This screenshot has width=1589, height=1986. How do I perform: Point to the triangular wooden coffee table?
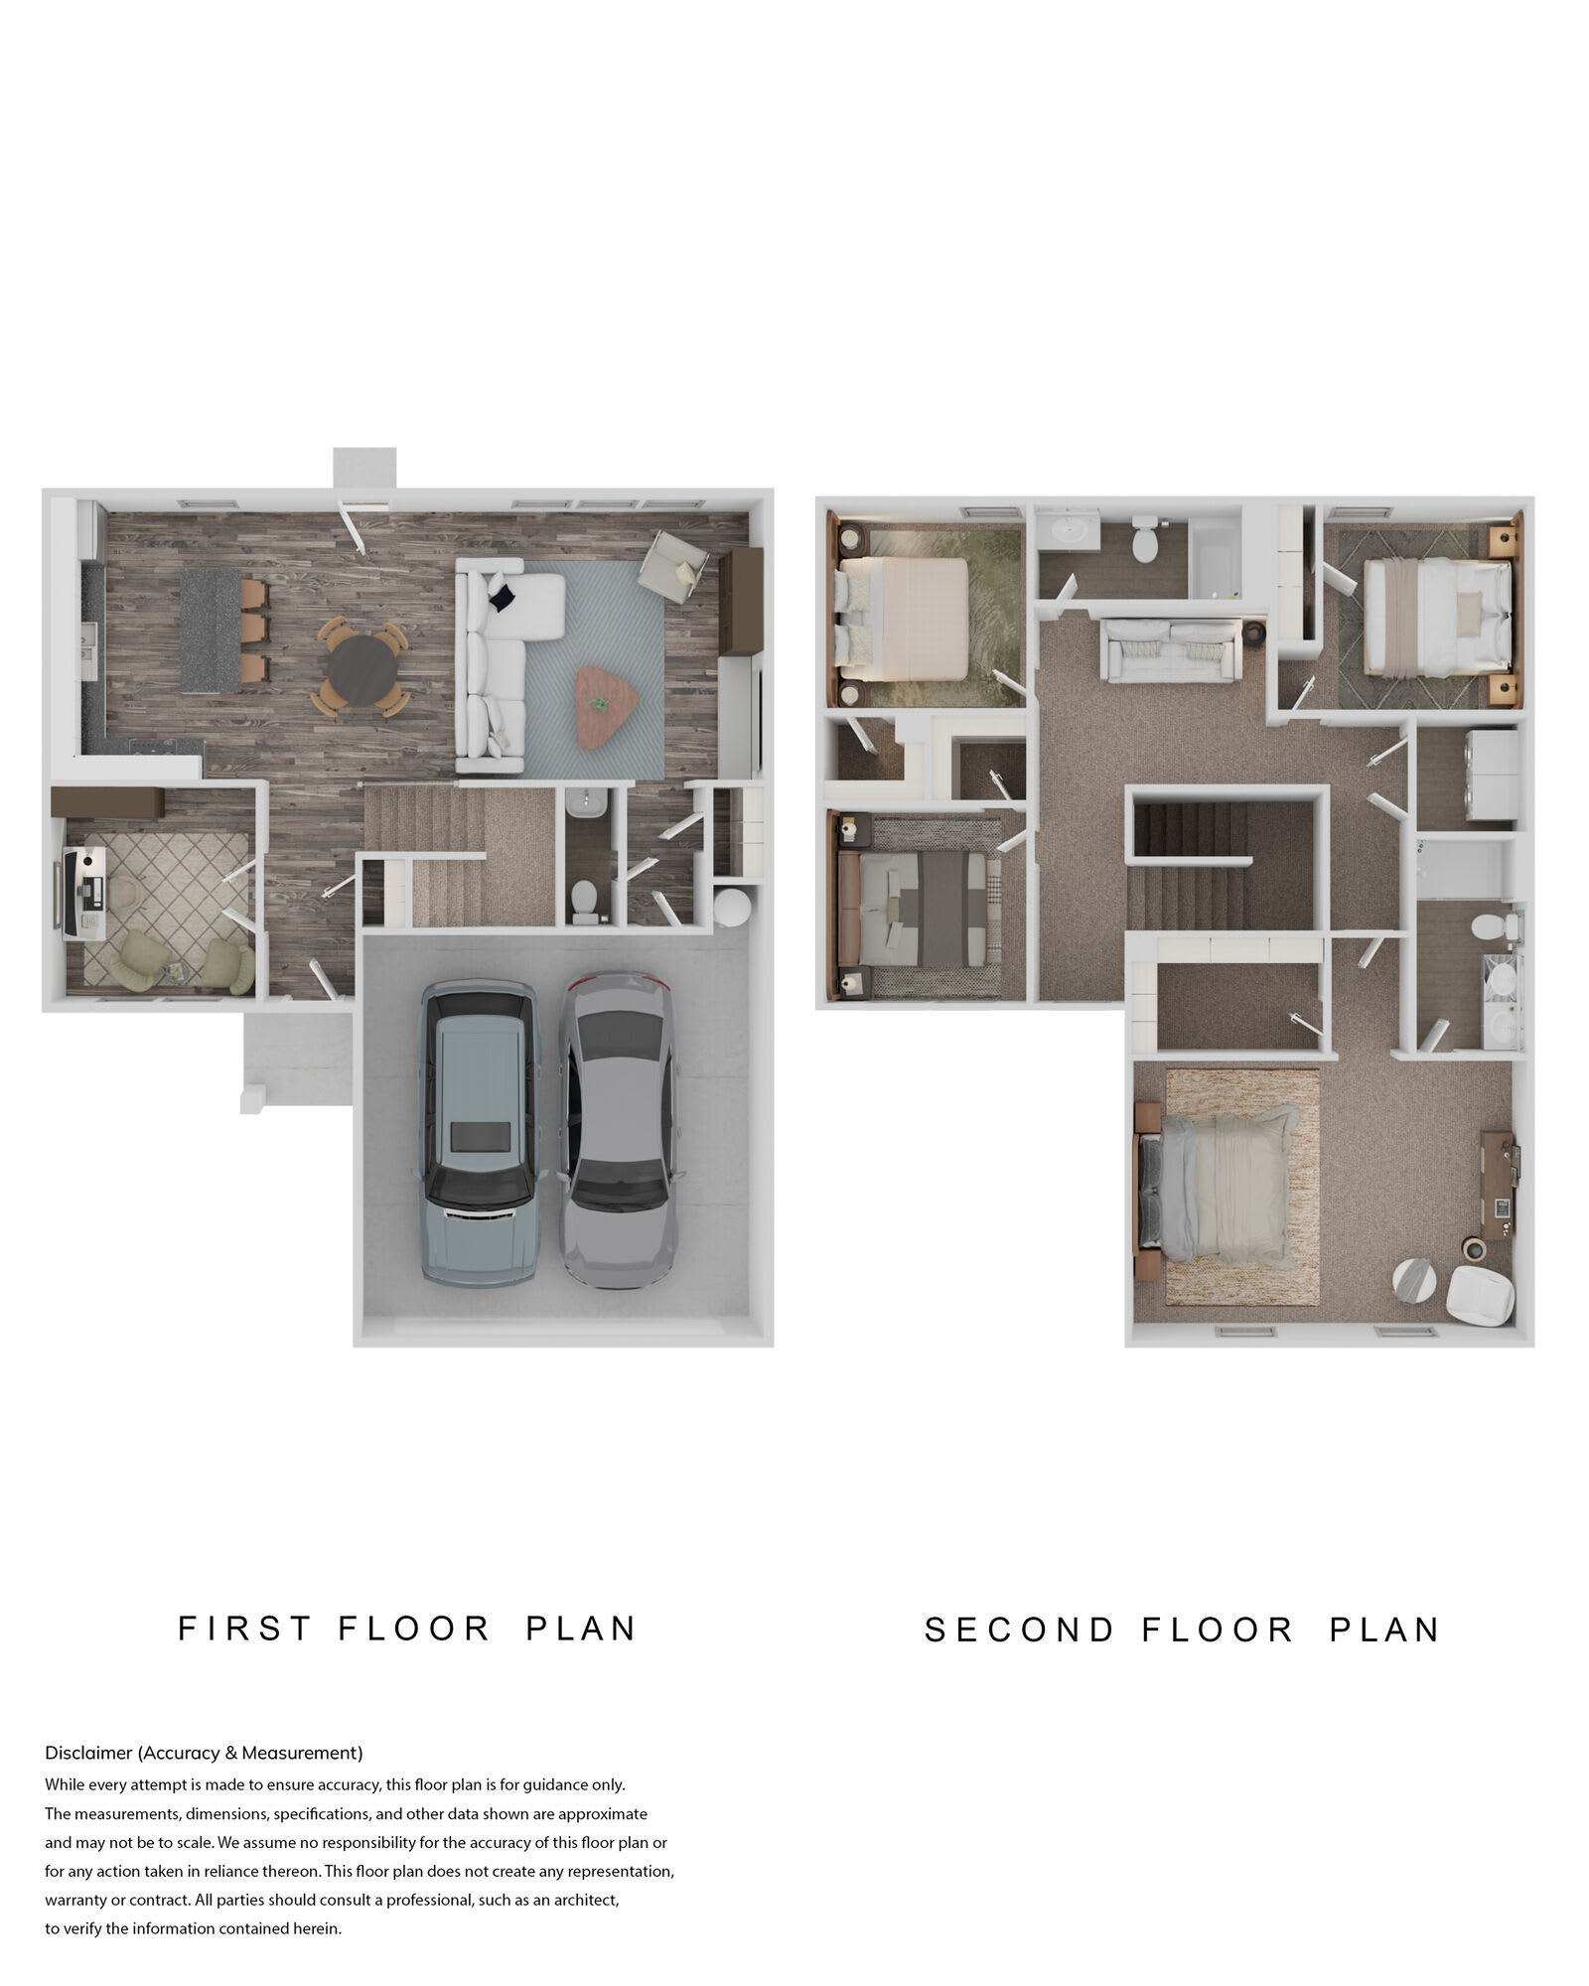pos(606,706)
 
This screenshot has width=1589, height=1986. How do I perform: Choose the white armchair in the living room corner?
pos(673,565)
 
